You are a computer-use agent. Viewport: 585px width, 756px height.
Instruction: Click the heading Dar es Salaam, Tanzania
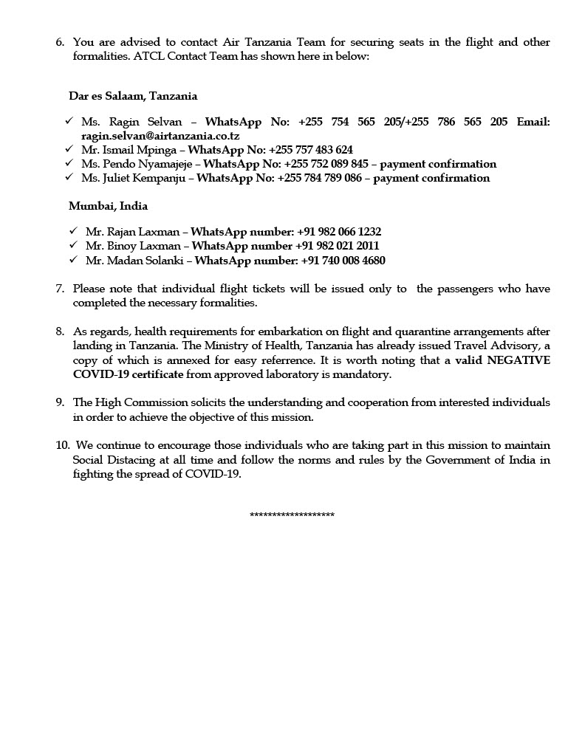pos(133,96)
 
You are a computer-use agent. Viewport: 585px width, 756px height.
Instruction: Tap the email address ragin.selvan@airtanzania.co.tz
pos(160,136)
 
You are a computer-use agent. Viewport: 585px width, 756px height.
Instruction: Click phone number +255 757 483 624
pos(310,150)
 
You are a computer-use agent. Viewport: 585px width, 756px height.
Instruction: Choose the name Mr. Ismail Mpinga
pos(127,150)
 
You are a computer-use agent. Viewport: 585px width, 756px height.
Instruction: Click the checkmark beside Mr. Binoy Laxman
pos(73,246)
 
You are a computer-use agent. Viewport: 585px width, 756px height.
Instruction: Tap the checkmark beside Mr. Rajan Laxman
pos(73,232)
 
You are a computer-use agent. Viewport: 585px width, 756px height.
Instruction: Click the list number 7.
pos(60,289)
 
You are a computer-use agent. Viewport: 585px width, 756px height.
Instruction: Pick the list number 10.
pos(61,446)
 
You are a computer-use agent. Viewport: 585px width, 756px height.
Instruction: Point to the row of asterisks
pos(292,515)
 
